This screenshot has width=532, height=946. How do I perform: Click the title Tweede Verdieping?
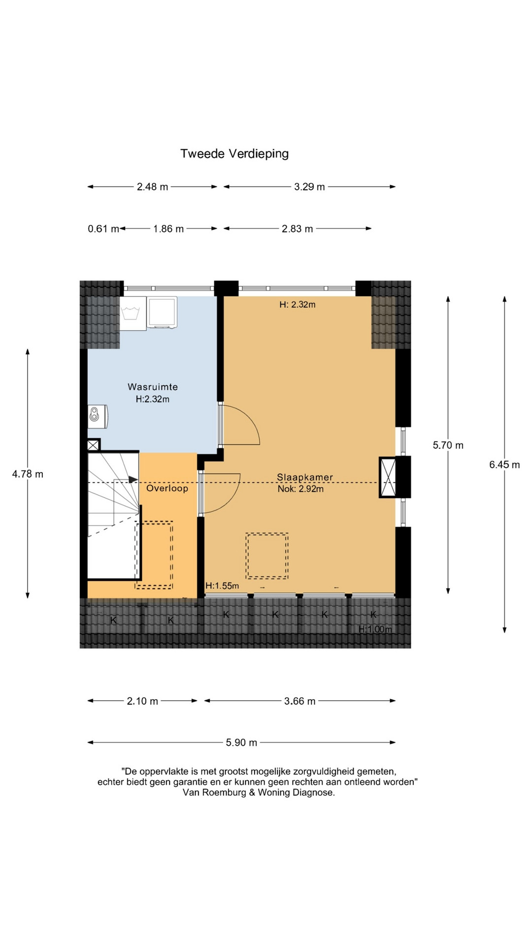[x=234, y=154]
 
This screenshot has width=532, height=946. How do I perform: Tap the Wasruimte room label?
[x=153, y=387]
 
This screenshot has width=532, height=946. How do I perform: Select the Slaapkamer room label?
[x=305, y=477]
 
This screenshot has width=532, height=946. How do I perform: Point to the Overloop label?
[x=167, y=488]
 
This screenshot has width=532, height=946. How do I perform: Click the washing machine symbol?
[x=133, y=313]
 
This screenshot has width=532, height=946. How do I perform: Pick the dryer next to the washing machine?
[x=162, y=312]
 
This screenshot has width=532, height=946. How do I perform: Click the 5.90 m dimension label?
[x=241, y=743]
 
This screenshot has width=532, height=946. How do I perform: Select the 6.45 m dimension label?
[x=504, y=465]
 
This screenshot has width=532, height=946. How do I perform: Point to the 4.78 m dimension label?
[x=28, y=474]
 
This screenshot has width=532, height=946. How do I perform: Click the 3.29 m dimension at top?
[x=309, y=187]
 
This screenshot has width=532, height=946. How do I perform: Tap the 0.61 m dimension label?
[x=103, y=229]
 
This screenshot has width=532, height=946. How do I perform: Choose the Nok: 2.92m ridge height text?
[x=300, y=489]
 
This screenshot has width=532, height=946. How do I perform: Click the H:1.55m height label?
[x=222, y=586]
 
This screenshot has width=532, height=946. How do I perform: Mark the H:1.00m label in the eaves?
[x=375, y=629]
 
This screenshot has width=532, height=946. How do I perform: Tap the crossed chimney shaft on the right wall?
[x=388, y=477]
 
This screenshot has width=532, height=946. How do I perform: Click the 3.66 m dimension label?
[x=299, y=701]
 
